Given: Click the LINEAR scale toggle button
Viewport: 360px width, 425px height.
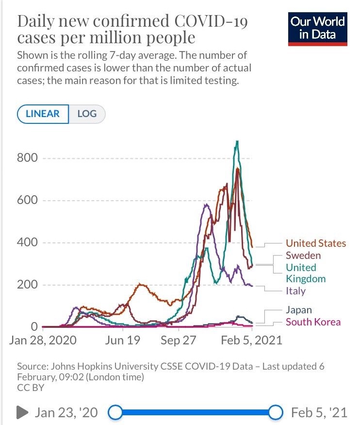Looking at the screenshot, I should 43,114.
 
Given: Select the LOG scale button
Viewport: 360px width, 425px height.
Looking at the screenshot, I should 87,114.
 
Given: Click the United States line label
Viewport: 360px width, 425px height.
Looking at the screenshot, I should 315,243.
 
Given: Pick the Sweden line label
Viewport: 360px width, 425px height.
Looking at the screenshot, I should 303,255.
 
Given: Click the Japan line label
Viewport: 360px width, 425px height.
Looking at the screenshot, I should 298,310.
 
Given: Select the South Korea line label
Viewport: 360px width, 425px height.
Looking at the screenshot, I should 313,322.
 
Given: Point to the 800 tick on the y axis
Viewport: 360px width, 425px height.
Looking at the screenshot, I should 27,158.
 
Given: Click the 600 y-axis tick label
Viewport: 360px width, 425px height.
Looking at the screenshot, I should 27,201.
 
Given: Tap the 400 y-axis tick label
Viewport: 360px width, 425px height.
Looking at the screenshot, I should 27,242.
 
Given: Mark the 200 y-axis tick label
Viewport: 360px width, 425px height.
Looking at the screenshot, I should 27,285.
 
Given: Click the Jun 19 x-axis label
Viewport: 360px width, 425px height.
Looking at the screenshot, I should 123,340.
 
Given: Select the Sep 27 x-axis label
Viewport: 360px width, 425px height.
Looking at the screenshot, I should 178,340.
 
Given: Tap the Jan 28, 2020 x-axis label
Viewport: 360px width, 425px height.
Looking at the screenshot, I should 43,340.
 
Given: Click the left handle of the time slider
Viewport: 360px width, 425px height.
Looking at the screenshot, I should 115,413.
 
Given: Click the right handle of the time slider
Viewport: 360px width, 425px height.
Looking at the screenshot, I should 276,413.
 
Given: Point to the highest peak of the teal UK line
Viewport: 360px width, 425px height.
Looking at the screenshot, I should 237,141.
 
